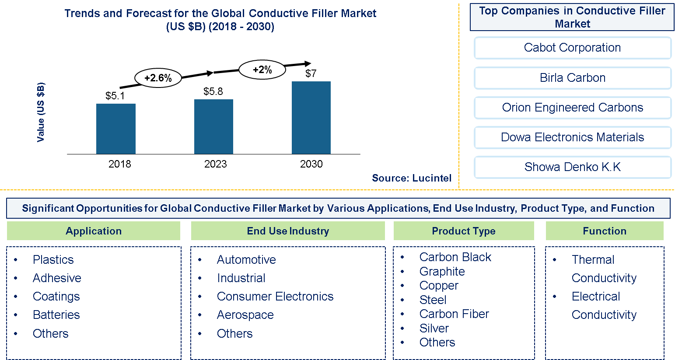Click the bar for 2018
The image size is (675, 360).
(115, 129)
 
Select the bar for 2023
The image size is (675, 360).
(213, 126)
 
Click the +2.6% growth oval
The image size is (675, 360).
(158, 78)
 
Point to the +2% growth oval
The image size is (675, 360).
(262, 70)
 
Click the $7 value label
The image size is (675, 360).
(311, 73)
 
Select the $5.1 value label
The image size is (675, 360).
(115, 96)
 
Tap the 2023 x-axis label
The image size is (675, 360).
(215, 164)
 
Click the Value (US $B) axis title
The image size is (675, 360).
(41, 112)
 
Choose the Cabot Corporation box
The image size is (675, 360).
(572, 48)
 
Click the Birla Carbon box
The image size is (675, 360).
(572, 78)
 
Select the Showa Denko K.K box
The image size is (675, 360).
(572, 167)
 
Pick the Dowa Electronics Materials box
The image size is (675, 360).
(572, 137)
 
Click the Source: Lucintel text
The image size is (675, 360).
(411, 178)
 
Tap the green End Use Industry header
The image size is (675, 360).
(288, 231)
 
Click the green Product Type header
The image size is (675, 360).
(464, 231)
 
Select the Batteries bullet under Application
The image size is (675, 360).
(56, 315)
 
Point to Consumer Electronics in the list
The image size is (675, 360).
(275, 297)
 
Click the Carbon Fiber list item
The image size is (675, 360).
(454, 314)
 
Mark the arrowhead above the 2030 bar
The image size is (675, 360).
(308, 63)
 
